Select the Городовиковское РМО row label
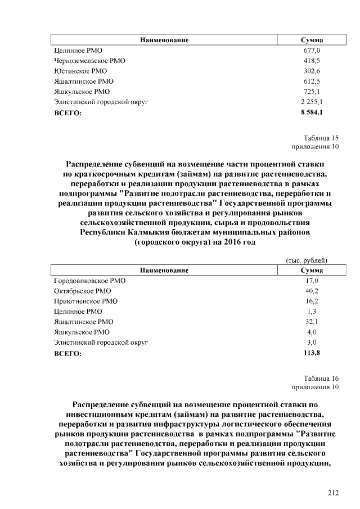90,280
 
